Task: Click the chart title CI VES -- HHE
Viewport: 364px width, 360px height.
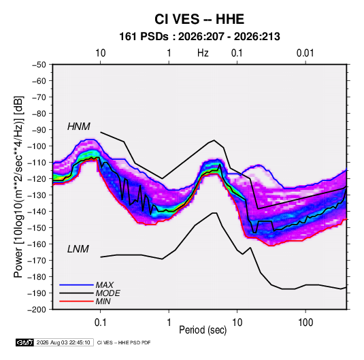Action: pyautogui.click(x=199, y=19)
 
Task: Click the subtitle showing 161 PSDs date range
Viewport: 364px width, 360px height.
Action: pyautogui.click(x=199, y=37)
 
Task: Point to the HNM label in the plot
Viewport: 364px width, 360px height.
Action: pyautogui.click(x=79, y=127)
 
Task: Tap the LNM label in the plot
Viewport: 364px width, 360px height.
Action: pyautogui.click(x=78, y=249)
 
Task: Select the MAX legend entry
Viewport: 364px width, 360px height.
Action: pyautogui.click(x=105, y=285)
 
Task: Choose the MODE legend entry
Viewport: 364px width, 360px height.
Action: pyautogui.click(x=108, y=293)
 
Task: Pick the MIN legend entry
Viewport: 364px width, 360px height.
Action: pyautogui.click(x=103, y=301)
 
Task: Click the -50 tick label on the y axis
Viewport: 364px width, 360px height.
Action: pyautogui.click(x=39, y=65)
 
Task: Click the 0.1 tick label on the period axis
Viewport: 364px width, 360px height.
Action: pyautogui.click(x=100, y=323)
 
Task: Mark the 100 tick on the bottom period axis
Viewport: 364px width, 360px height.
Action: pyautogui.click(x=305, y=323)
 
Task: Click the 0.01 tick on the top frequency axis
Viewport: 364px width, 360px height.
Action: pyautogui.click(x=305, y=53)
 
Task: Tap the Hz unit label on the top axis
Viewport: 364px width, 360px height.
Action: pyautogui.click(x=203, y=53)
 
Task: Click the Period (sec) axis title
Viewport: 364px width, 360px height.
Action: pyautogui.click(x=203, y=330)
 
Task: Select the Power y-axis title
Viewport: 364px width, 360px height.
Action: pyautogui.click(x=19, y=187)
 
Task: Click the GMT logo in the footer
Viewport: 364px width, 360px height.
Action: pyautogui.click(x=25, y=342)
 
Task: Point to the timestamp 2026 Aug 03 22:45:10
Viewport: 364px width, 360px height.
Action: pyautogui.click(x=63, y=342)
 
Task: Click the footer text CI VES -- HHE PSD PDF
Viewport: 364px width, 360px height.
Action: pyautogui.click(x=124, y=342)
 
